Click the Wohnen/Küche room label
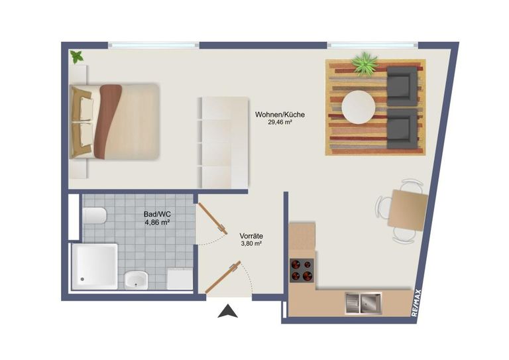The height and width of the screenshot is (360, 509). [280, 115]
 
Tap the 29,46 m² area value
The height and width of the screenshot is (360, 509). [280, 123]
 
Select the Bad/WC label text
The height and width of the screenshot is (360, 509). [157, 214]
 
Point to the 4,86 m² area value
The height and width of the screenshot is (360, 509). [157, 222]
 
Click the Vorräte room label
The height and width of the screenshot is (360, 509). [251, 236]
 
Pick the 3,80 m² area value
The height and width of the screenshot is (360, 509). [252, 243]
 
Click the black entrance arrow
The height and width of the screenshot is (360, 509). [227, 311]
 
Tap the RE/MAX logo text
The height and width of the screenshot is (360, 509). [416, 303]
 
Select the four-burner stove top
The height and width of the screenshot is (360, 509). [302, 270]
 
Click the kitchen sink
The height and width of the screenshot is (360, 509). [363, 303]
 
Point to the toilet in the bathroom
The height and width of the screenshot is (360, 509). [94, 215]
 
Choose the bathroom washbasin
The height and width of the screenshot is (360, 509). [136, 280]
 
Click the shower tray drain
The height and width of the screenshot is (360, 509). [82, 279]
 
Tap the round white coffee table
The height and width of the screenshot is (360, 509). [359, 107]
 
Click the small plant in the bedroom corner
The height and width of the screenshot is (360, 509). [77, 57]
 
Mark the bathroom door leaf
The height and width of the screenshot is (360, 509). [213, 219]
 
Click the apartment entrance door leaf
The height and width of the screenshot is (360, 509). [223, 277]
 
